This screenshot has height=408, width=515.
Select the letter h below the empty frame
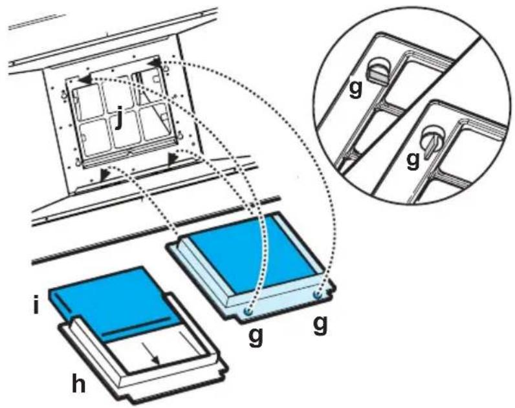point(79,383)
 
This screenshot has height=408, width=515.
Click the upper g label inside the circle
point(355,88)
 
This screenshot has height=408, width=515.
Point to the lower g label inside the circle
point(413,160)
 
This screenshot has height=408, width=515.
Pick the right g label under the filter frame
point(320,325)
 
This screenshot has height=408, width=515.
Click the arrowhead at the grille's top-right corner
point(153,62)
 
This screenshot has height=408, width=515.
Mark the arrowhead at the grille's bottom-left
point(105,175)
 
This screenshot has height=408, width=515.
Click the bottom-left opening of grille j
point(94,135)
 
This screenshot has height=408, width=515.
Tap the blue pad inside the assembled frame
point(253,251)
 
